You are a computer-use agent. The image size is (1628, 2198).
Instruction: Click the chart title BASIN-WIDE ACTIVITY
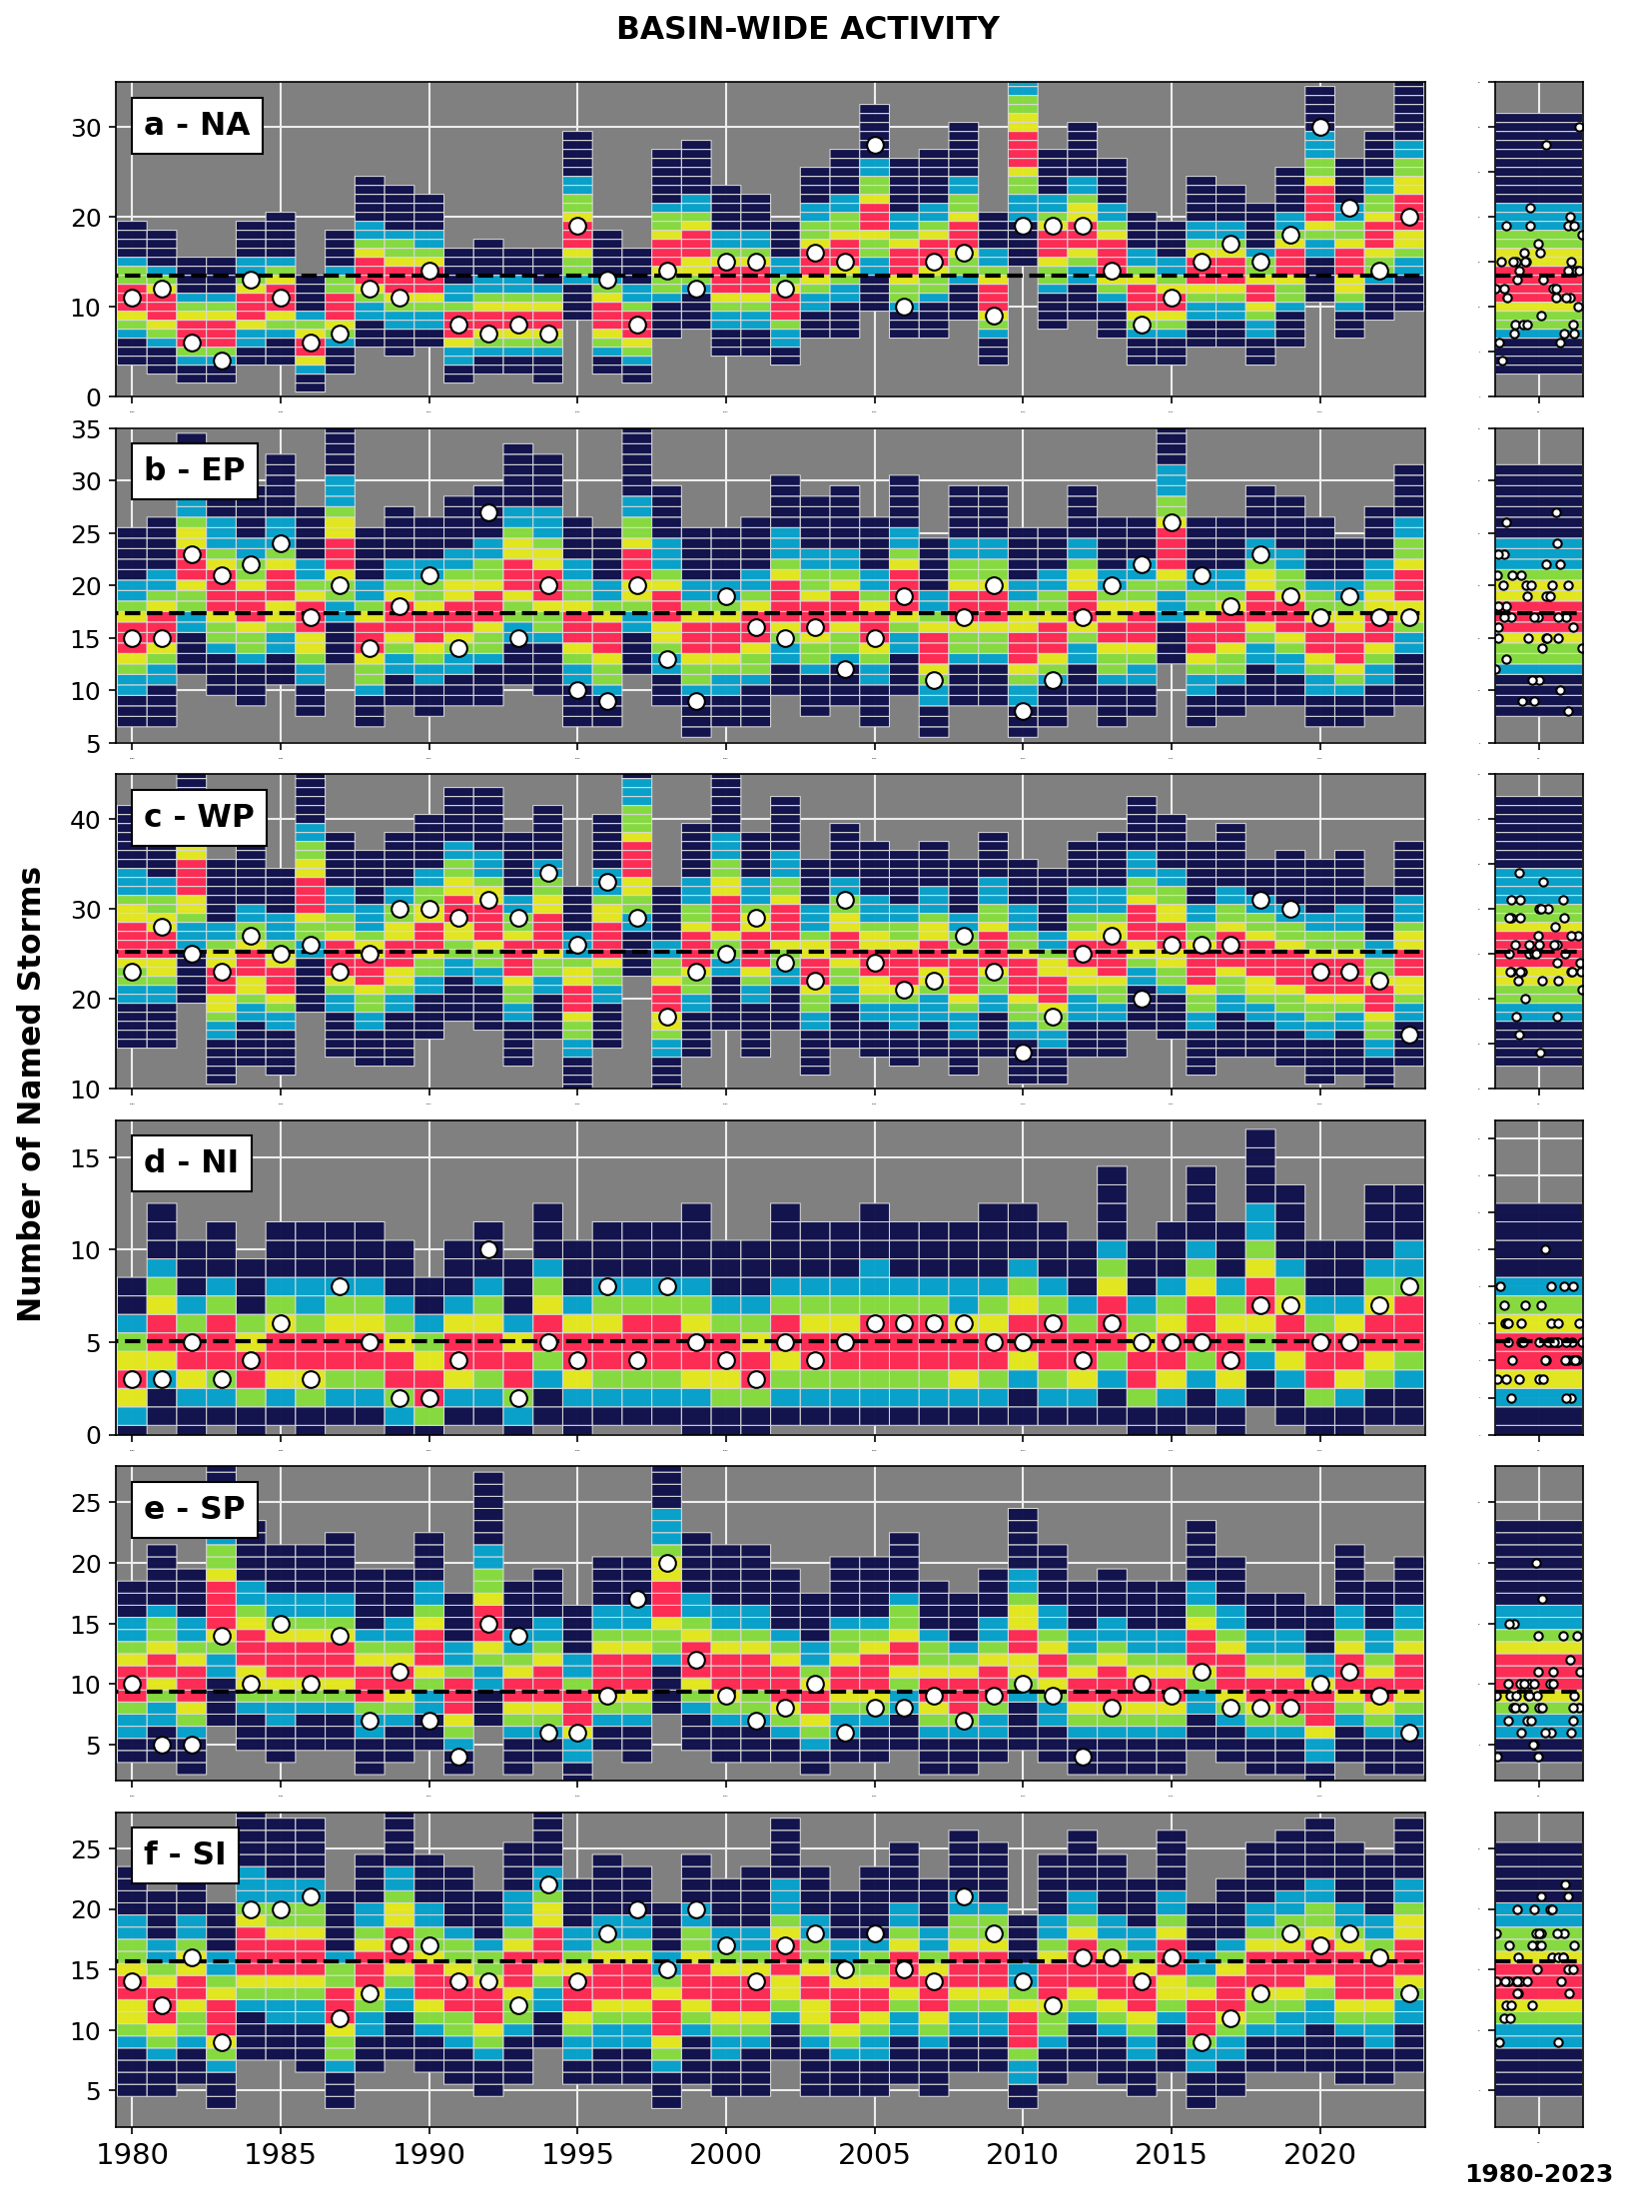[x=807, y=29]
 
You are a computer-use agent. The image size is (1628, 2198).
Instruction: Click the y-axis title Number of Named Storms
[x=30, y=1094]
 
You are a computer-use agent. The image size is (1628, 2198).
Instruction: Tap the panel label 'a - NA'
[x=197, y=125]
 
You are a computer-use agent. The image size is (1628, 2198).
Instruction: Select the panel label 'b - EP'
[x=194, y=470]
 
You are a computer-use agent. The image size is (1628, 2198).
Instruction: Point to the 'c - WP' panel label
[x=198, y=817]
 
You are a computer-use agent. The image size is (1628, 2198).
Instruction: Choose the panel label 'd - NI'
[x=191, y=1162]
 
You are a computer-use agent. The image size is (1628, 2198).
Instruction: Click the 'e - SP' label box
[x=194, y=1508]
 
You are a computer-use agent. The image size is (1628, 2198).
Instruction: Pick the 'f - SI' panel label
[x=185, y=1854]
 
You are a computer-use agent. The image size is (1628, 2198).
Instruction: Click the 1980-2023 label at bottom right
[x=1538, y=2174]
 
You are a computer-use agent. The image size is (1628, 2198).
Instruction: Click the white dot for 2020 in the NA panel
[x=1320, y=127]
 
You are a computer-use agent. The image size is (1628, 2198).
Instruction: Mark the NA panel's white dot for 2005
[x=875, y=145]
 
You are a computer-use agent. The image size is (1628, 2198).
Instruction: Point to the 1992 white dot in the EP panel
[x=488, y=512]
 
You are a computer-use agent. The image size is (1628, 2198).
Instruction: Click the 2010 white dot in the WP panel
[x=1023, y=1053]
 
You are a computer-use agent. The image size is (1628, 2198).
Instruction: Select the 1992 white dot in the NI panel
[x=488, y=1249]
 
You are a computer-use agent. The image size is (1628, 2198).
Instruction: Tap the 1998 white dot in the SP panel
[x=667, y=1563]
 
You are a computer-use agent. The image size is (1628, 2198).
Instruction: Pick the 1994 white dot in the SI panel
[x=548, y=1884]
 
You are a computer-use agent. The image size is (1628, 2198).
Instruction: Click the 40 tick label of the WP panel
[x=88, y=820]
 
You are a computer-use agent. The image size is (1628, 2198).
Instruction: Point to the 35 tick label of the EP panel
[x=88, y=429]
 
